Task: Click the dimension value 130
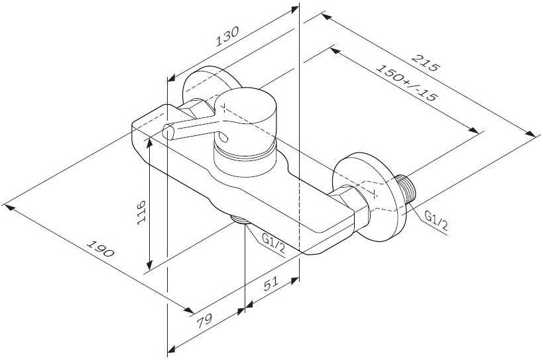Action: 227,36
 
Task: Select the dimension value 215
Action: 425,63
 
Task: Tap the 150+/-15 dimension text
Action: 406,83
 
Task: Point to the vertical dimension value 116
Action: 141,212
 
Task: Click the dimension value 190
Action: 100,248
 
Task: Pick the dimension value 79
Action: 204,322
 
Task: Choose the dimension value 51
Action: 271,284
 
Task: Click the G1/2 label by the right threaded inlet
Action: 436,221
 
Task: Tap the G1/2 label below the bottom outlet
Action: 274,243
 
